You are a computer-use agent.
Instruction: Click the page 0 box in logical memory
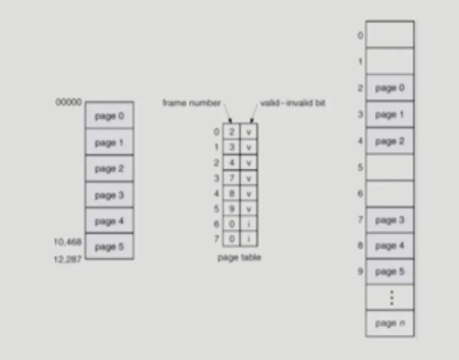click(x=109, y=116)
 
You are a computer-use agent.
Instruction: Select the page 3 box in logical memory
click(x=109, y=195)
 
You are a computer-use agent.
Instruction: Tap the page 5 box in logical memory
click(x=109, y=247)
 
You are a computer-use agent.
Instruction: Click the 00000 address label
click(x=69, y=102)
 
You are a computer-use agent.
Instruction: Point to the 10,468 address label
click(x=68, y=242)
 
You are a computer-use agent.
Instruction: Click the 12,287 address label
click(x=68, y=259)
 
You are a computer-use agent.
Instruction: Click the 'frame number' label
click(x=191, y=103)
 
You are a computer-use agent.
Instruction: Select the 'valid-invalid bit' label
click(x=292, y=103)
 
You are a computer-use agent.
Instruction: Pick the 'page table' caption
click(x=239, y=258)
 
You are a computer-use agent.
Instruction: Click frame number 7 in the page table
click(x=231, y=178)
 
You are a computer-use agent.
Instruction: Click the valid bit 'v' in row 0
click(x=249, y=132)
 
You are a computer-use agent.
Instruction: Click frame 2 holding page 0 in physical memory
click(x=390, y=89)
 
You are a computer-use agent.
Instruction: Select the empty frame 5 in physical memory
click(x=390, y=167)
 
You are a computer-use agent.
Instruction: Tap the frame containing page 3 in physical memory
click(x=390, y=220)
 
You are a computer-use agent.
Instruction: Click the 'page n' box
click(x=390, y=323)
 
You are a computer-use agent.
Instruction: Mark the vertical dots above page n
click(x=392, y=298)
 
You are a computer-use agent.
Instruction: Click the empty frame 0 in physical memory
click(x=390, y=35)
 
